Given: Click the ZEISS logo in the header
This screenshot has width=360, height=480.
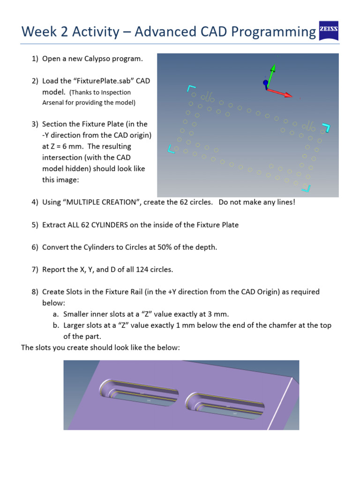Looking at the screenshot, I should pyautogui.click(x=328, y=31).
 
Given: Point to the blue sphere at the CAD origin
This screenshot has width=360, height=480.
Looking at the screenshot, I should pyautogui.click(x=266, y=83).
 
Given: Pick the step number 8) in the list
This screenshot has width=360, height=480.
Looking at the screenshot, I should pyautogui.click(x=35, y=292).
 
